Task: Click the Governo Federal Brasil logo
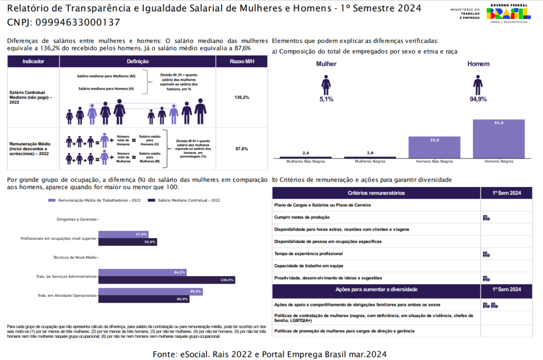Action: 509,13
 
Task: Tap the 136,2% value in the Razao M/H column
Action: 242,98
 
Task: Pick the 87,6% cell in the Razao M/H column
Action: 242,149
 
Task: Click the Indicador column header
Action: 33,62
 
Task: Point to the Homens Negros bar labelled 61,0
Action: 498,139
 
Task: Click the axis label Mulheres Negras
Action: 370,161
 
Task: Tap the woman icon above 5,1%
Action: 326,84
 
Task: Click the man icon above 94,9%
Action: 478,84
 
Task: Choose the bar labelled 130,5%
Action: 167,279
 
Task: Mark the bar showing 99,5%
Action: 151,292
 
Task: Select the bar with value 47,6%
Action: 123,234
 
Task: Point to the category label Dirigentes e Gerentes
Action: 76,219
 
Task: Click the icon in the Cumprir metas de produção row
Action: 486,217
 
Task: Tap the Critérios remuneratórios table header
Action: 376,193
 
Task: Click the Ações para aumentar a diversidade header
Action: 376,289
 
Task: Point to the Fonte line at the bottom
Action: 269,353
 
